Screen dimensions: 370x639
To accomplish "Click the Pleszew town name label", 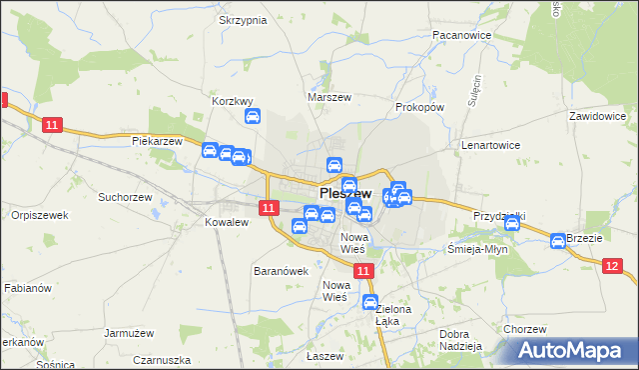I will click(345, 194).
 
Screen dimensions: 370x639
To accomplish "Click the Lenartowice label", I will click(490, 145).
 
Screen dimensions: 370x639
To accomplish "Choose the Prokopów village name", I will click(419, 106).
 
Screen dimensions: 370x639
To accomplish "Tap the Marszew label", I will click(328, 98).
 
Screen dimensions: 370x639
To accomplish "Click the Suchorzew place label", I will click(123, 197).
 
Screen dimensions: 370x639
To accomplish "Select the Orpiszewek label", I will click(39, 215).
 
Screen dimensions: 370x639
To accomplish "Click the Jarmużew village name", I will click(129, 333).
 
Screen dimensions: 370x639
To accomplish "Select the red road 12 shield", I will click(612, 264).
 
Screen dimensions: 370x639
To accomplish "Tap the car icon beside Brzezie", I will click(558, 240).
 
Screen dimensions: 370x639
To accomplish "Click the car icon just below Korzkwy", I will click(253, 117).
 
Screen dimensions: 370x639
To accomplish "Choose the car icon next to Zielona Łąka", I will click(370, 303).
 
